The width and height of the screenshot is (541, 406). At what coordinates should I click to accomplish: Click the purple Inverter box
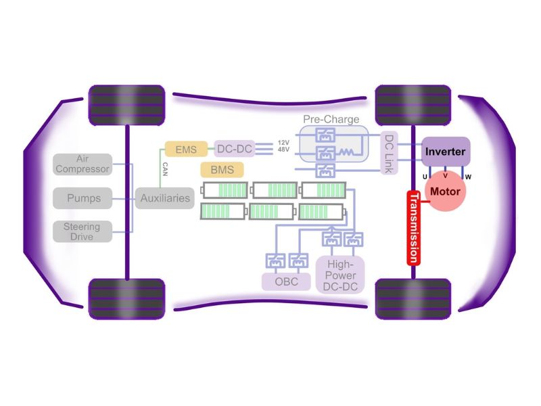click(x=446, y=152)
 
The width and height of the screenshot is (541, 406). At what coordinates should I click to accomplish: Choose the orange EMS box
click(x=185, y=148)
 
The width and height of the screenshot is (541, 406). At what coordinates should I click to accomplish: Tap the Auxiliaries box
click(x=165, y=198)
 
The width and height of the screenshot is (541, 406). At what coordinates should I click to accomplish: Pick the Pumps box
click(x=83, y=198)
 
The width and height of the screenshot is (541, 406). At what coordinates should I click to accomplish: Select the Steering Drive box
click(x=82, y=231)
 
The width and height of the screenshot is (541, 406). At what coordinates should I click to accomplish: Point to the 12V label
click(x=285, y=142)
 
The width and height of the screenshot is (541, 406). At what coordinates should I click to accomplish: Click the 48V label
click(x=285, y=152)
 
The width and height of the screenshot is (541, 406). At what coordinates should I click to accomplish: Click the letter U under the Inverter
click(x=424, y=177)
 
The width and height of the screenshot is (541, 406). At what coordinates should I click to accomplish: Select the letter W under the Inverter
click(x=467, y=177)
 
